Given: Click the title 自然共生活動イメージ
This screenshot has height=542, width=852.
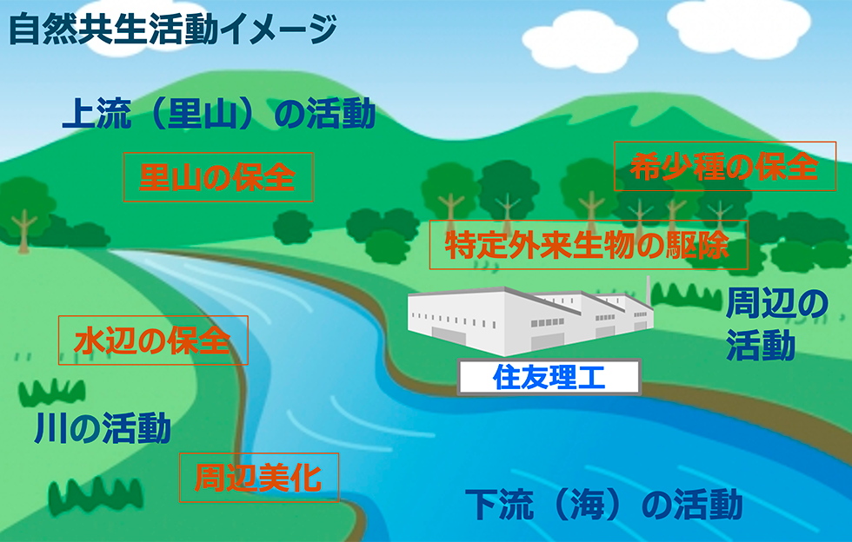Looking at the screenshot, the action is (x=173, y=30).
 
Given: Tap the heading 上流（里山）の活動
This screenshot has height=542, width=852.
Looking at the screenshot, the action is (x=218, y=114).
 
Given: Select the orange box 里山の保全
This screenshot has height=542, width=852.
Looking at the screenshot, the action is (x=218, y=177).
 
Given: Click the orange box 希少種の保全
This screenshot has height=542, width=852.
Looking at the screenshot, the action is (x=725, y=166).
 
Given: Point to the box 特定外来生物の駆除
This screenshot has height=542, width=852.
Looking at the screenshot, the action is (x=589, y=245).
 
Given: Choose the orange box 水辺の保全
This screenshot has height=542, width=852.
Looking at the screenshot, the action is (x=153, y=340).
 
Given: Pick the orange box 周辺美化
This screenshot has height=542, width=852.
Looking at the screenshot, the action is (x=259, y=478).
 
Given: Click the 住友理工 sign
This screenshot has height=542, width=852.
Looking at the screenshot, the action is (x=549, y=377).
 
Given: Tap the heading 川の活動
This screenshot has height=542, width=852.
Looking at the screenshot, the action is (x=103, y=428).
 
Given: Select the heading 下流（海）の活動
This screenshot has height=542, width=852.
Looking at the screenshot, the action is (x=603, y=505).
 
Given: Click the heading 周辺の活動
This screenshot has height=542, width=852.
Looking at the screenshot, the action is (x=776, y=325).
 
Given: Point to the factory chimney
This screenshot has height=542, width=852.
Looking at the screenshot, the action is (x=649, y=292).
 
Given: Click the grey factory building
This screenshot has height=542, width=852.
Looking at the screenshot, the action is (x=530, y=321).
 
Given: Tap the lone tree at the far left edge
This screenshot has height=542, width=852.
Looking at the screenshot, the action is (x=23, y=215).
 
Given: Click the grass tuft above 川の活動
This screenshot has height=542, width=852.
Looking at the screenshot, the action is (x=52, y=392).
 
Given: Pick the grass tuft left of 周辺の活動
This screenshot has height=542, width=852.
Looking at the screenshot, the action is (x=686, y=296).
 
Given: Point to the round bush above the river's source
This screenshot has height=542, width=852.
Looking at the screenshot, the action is (x=293, y=227).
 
